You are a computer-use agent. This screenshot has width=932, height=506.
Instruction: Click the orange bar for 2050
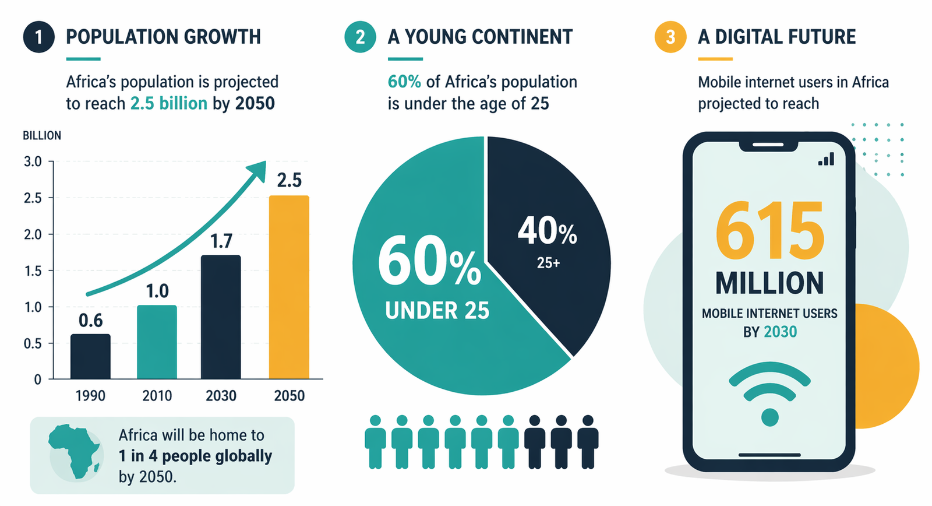click(x=289, y=287)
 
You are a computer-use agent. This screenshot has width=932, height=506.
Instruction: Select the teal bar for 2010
click(x=157, y=342)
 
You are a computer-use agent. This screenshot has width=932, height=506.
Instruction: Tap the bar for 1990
click(x=90, y=356)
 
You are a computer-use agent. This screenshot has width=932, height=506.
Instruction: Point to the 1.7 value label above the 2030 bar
click(x=221, y=241)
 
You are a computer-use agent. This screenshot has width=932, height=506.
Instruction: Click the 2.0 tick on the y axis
click(x=33, y=234)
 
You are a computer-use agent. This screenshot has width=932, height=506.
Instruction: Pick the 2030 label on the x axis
click(x=221, y=396)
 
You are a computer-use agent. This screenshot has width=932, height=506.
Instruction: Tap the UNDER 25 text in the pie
click(x=437, y=311)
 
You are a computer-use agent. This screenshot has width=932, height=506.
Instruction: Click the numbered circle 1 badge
click(x=38, y=37)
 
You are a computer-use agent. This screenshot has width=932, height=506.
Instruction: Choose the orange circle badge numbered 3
click(x=670, y=37)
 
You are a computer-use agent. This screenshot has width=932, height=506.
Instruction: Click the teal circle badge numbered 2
click(x=360, y=37)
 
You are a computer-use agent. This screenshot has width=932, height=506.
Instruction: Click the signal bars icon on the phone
click(x=826, y=159)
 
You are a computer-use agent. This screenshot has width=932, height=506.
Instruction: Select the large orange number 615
click(x=769, y=231)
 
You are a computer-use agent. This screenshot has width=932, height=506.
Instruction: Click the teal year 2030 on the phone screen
click(x=781, y=332)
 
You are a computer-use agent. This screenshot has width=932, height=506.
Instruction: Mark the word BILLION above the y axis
click(x=42, y=136)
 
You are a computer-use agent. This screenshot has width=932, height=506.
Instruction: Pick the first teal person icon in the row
click(x=375, y=442)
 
